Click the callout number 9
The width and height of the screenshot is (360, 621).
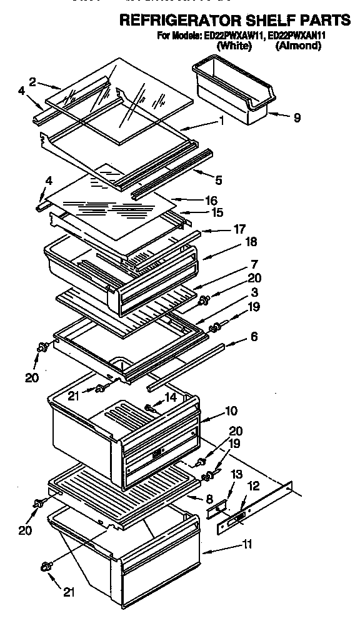coord(296,117)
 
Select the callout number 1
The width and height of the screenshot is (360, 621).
coord(222,122)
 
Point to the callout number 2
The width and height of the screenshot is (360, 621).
coord(32,81)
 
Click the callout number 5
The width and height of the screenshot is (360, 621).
coord(218,181)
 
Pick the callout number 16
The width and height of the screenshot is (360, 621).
coord(212,201)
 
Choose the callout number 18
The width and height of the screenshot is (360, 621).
coord(235,241)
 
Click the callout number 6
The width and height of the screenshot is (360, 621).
coord(254,337)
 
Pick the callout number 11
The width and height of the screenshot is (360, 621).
coord(247,544)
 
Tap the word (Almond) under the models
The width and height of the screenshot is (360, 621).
coord(298,46)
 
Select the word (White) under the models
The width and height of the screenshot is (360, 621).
coord(234,46)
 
